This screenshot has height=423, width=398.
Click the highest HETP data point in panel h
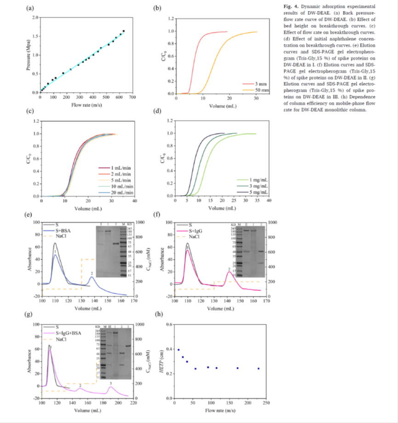click(179, 350)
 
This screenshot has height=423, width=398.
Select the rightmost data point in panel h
click(259, 369)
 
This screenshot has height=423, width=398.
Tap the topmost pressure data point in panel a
click(124, 31)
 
